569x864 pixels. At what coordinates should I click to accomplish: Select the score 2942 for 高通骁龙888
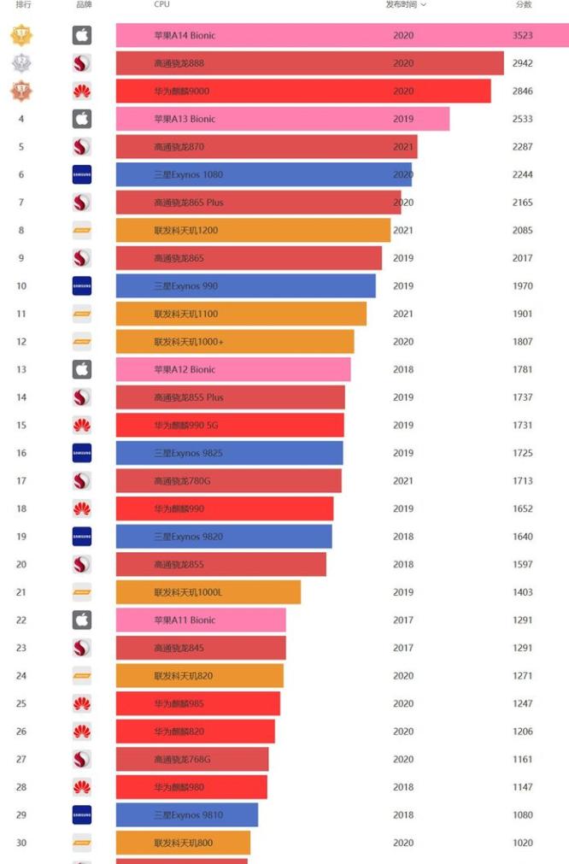tap(523, 63)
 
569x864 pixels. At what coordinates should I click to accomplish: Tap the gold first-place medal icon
tap(21, 35)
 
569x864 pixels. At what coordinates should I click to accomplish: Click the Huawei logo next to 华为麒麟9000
tap(82, 91)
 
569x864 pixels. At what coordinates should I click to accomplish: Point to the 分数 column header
tap(523, 5)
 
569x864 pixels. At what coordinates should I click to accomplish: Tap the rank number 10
tap(21, 286)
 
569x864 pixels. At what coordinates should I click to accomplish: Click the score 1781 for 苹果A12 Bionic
tap(523, 369)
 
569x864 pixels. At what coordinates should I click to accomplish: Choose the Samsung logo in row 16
tap(82, 453)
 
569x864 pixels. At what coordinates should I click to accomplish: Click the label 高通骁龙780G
tap(182, 481)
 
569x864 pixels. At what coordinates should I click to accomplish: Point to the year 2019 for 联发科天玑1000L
tap(403, 592)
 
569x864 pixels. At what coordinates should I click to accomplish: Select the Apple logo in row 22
tap(82, 620)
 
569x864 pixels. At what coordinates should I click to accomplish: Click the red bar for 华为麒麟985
tap(197, 703)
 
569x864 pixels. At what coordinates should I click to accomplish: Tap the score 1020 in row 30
tap(523, 843)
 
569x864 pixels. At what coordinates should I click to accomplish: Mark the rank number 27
tap(21, 759)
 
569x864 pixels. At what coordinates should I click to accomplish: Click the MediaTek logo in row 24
tap(82, 675)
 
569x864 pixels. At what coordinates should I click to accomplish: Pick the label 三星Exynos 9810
tap(188, 814)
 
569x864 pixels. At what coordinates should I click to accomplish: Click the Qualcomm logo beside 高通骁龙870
tap(82, 147)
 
